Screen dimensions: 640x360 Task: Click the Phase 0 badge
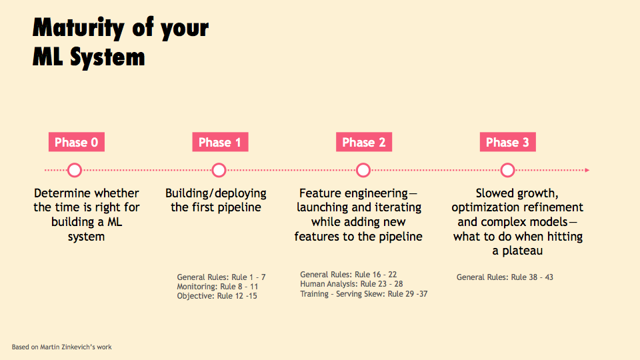[76, 142]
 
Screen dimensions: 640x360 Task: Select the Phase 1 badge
[220, 142]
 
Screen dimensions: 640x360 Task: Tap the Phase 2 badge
[364, 142]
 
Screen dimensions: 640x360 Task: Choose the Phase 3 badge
[507, 142]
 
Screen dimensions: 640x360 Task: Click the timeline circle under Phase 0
[75, 165]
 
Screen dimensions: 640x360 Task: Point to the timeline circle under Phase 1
[219, 165]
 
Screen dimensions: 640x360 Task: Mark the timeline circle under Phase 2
[363, 165]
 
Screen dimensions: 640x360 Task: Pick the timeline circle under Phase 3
[507, 165]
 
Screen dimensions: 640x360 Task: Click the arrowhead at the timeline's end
[587, 170]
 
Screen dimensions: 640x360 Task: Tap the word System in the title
[107, 57]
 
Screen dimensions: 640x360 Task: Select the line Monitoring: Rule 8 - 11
[217, 287]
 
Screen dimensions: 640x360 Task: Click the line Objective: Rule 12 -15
[217, 296]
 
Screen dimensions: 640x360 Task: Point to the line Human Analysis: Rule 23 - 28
[351, 284]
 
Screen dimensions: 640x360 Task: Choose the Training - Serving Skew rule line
[364, 294]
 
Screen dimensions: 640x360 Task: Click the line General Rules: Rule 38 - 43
[505, 277]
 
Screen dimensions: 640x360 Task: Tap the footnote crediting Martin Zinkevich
[61, 347]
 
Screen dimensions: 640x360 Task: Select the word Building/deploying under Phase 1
[216, 193]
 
